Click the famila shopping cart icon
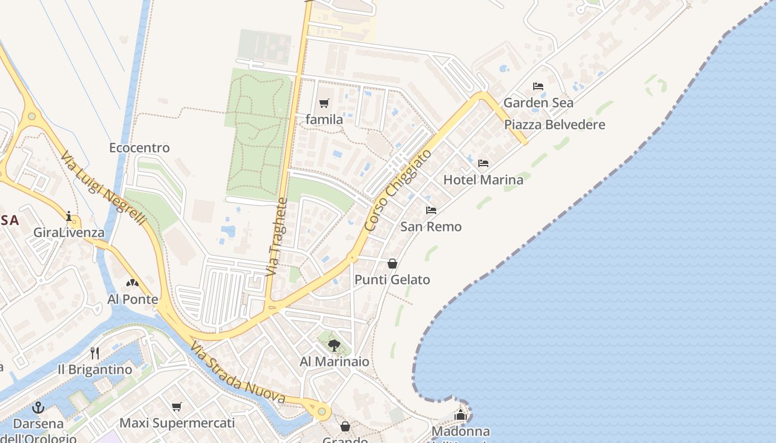[x=324, y=103]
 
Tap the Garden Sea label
[x=538, y=102]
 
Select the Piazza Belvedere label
[x=554, y=125]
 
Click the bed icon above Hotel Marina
[x=483, y=163]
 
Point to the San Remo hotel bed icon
[x=431, y=210]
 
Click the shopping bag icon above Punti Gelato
[x=392, y=264]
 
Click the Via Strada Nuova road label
[x=238, y=373]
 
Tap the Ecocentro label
[x=139, y=148]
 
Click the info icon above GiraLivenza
[x=69, y=216]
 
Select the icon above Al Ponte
[x=132, y=284]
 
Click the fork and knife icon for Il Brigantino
[x=95, y=353]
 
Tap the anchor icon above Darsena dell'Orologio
[x=38, y=408]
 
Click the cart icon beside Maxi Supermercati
[x=177, y=407]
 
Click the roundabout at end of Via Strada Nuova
[x=321, y=411]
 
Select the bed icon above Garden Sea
[x=538, y=86]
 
